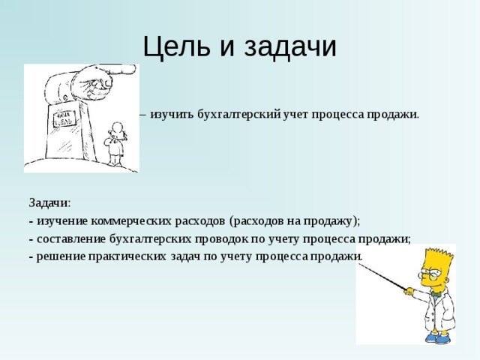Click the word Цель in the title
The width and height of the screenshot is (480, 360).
178,46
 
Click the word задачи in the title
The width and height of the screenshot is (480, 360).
286,46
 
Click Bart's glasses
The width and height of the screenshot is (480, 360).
432,275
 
